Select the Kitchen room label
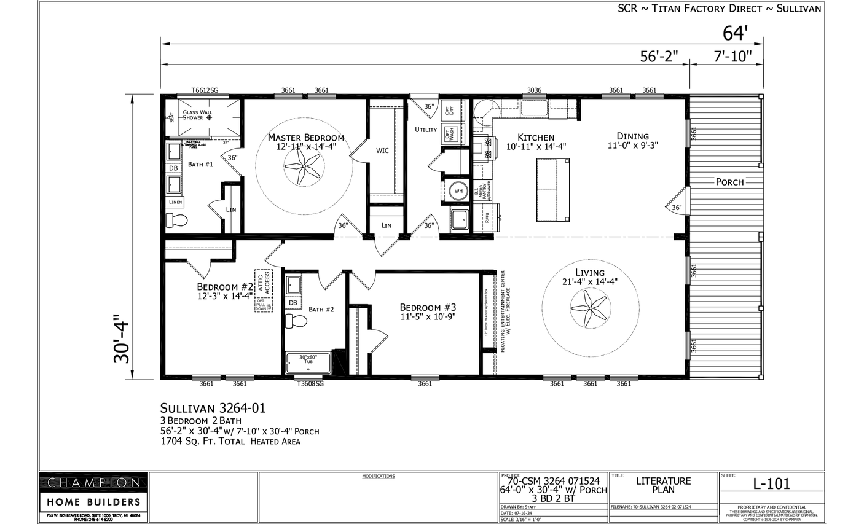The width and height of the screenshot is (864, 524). point(536,138)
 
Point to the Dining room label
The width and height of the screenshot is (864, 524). point(633,136)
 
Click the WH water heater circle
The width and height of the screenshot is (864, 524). point(458,191)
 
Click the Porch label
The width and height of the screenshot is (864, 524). point(729,182)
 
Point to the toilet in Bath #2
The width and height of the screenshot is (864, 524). point(296,321)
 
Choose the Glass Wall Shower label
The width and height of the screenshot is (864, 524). point(197,115)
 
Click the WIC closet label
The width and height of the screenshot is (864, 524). point(382,150)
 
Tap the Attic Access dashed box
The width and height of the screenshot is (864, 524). point(264,291)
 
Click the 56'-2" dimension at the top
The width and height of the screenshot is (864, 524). point(659,57)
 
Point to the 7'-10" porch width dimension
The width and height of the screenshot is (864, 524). point(732,57)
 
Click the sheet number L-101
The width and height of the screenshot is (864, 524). point(771,483)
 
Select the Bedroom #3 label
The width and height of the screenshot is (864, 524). point(428,307)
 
